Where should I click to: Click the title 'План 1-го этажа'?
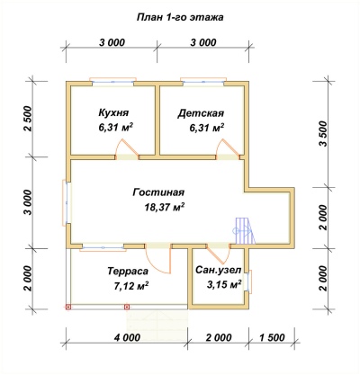point(180,17)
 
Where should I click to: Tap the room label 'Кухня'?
point(113,113)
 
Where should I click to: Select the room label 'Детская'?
point(201,113)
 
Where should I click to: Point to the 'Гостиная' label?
point(158,192)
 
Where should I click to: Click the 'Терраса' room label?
point(128,271)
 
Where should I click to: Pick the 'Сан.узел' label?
point(218,270)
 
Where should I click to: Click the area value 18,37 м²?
point(165,207)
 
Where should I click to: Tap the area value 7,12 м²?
point(130,286)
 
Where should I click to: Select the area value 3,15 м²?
point(224,284)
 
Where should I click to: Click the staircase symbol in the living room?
point(244,231)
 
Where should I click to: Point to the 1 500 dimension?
point(272,337)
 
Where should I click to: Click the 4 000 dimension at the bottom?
point(127,337)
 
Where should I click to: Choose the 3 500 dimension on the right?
point(323,134)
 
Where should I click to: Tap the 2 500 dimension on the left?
point(27,119)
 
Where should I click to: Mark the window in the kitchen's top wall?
point(113,81)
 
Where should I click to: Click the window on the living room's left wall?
point(67,202)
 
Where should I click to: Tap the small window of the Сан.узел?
point(248,281)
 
